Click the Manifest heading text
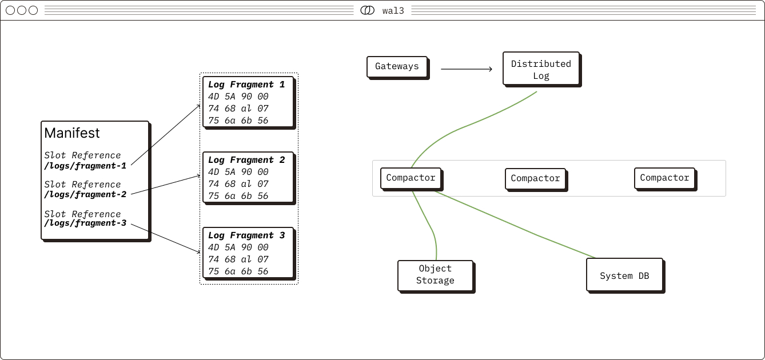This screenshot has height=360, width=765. [72, 133]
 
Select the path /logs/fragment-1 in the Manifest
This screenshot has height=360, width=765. [85, 166]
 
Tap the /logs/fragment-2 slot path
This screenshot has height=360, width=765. [85, 194]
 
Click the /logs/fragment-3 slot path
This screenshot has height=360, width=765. [85, 223]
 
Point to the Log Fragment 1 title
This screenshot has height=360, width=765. [246, 85]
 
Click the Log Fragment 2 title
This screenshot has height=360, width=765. [246, 160]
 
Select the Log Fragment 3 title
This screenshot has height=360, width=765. [246, 235]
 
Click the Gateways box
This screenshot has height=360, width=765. [397, 66]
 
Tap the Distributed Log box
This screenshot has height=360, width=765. [541, 69]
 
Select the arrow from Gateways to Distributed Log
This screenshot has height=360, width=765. [466, 69]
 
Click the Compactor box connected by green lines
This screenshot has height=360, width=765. [411, 178]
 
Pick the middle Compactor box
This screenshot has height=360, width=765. [535, 178]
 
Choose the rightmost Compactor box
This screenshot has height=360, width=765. [664, 178]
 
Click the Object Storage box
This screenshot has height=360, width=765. [435, 275]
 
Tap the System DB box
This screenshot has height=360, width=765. [624, 275]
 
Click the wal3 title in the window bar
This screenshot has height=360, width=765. [393, 10]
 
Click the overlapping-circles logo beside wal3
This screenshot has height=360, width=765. [368, 10]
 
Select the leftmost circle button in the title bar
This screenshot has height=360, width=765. [10, 10]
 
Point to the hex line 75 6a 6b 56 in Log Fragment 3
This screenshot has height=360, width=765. [238, 271]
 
